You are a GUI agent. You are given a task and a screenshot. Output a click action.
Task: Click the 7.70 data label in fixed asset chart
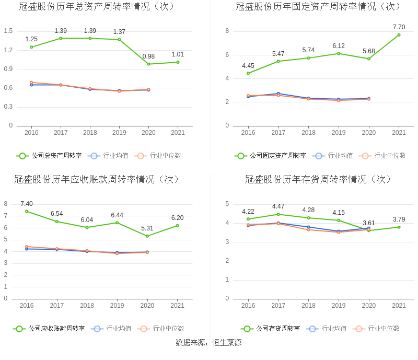(399, 27)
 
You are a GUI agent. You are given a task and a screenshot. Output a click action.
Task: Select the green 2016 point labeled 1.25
(31, 47)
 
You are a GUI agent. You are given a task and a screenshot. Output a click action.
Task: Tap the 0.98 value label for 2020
(148, 56)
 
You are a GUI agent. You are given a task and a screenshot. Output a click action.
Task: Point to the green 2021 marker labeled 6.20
(178, 226)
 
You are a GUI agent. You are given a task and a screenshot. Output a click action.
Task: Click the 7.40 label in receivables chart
(27, 204)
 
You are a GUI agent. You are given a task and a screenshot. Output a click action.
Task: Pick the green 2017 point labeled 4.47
(278, 214)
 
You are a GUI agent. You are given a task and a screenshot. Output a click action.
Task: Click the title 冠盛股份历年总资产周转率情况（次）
(97, 7)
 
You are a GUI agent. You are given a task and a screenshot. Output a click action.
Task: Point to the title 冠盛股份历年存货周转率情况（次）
(318, 180)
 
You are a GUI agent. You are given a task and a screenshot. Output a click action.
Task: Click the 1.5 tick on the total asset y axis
(8, 31)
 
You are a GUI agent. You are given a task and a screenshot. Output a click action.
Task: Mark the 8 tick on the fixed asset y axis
(227, 31)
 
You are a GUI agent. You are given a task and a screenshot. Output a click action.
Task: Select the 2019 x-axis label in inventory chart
(339, 306)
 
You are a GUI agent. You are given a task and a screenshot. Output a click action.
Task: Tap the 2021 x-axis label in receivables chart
(178, 306)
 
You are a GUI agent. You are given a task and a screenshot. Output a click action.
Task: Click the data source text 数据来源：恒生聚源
(208, 343)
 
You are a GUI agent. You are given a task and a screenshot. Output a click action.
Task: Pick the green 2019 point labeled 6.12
(339, 53)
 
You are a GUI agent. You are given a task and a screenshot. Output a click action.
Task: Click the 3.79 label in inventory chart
(399, 219)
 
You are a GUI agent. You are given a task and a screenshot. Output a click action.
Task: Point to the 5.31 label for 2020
(147, 228)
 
